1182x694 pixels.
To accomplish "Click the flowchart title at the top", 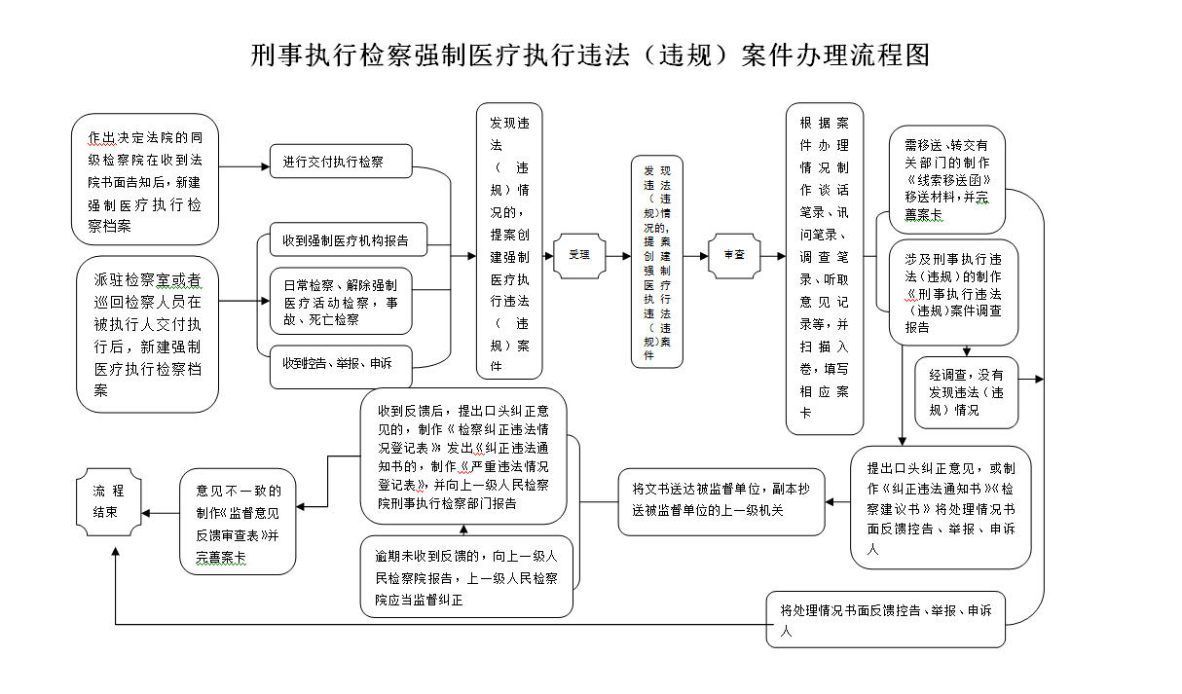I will pyautogui.click(x=590, y=55).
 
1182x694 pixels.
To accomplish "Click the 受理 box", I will pyautogui.click(x=579, y=255).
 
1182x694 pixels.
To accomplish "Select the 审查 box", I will pyautogui.click(x=733, y=255).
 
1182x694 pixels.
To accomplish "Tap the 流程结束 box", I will pyautogui.click(x=108, y=504).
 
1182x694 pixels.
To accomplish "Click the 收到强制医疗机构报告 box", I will pyautogui.click(x=348, y=239).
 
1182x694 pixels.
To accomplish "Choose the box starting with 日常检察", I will pyautogui.click(x=341, y=302).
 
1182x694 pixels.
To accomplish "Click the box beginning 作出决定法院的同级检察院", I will pyautogui.click(x=145, y=179).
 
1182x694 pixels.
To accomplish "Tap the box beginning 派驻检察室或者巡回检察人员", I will pyautogui.click(x=148, y=334).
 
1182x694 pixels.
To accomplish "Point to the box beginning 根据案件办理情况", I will pyautogui.click(x=825, y=269).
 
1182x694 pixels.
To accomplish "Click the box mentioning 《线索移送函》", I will pyautogui.click(x=946, y=179).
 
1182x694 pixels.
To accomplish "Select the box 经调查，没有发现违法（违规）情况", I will pyautogui.click(x=966, y=392).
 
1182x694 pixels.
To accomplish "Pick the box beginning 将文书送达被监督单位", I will pyautogui.click(x=720, y=501).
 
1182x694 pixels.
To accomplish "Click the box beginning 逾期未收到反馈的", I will pyautogui.click(x=466, y=576).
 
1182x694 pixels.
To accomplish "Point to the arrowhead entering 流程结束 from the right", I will pyautogui.click(x=145, y=513).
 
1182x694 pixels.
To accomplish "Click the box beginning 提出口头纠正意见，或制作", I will pyautogui.click(x=940, y=507).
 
